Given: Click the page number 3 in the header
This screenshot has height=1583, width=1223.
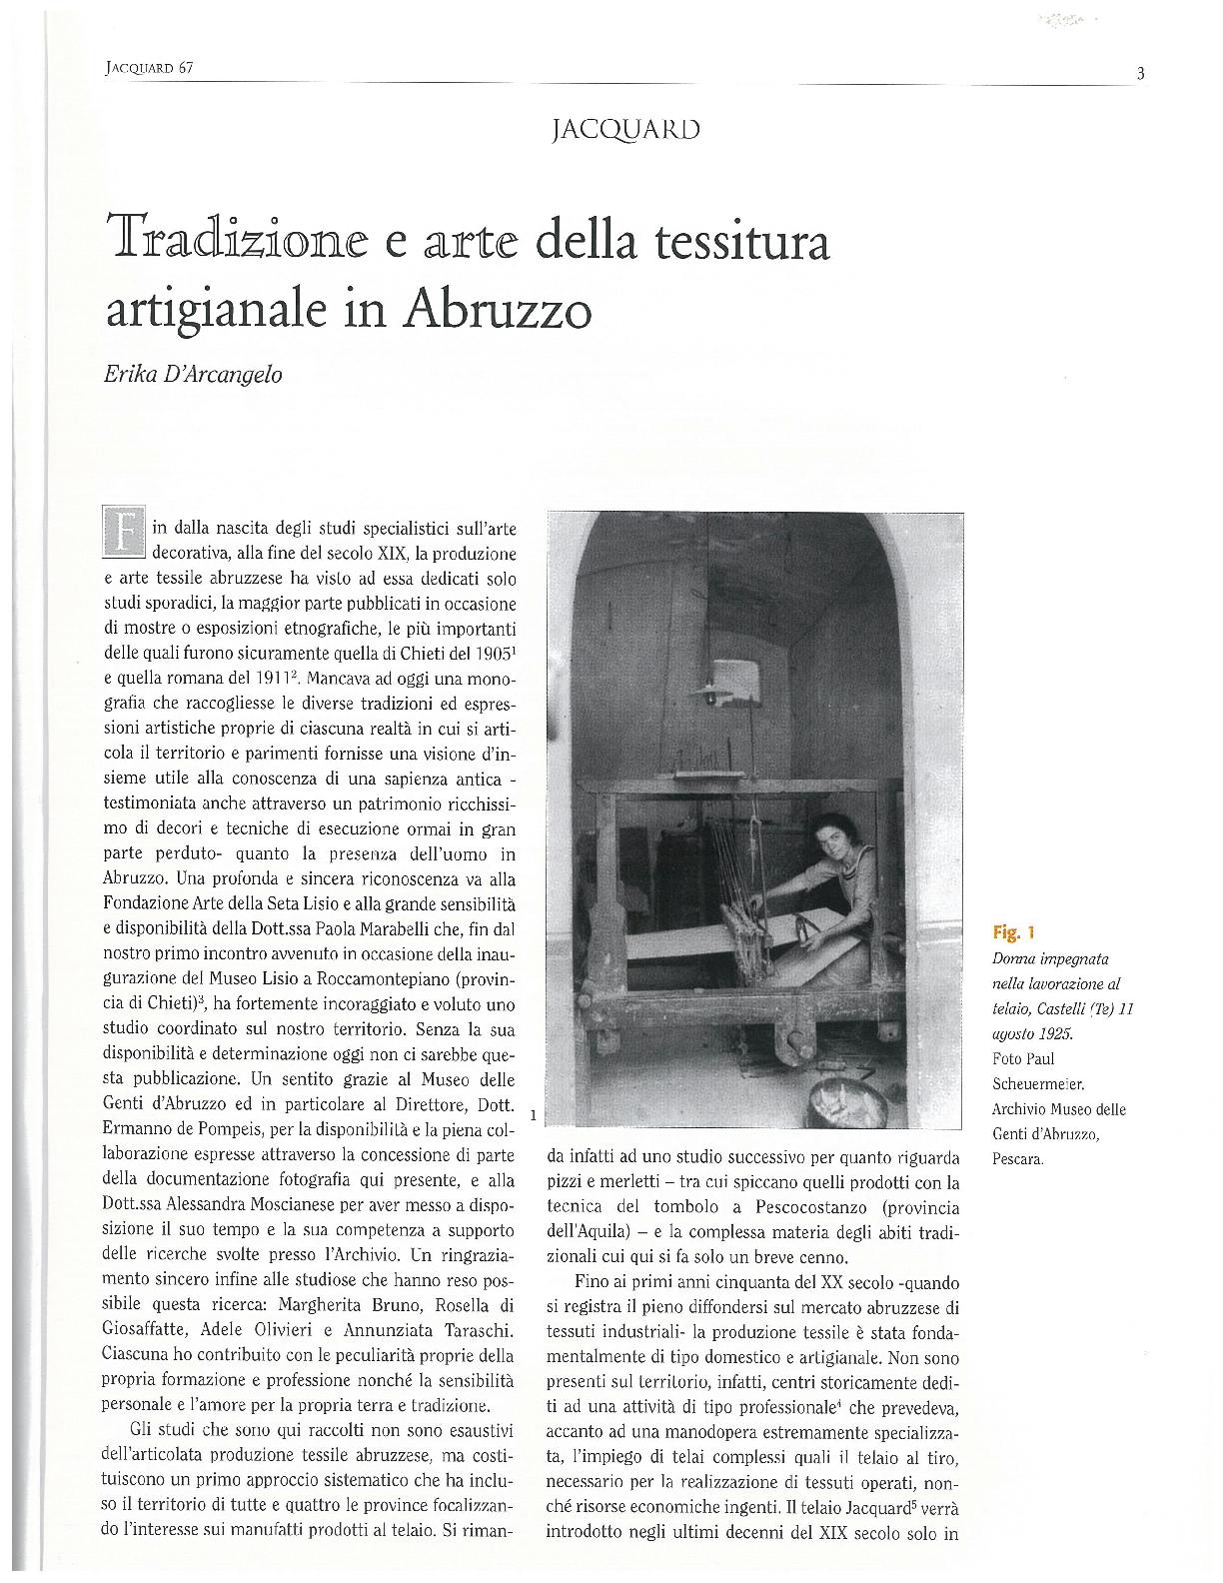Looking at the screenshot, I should point(1139,72).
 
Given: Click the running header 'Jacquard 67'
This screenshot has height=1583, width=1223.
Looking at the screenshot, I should point(148,68).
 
